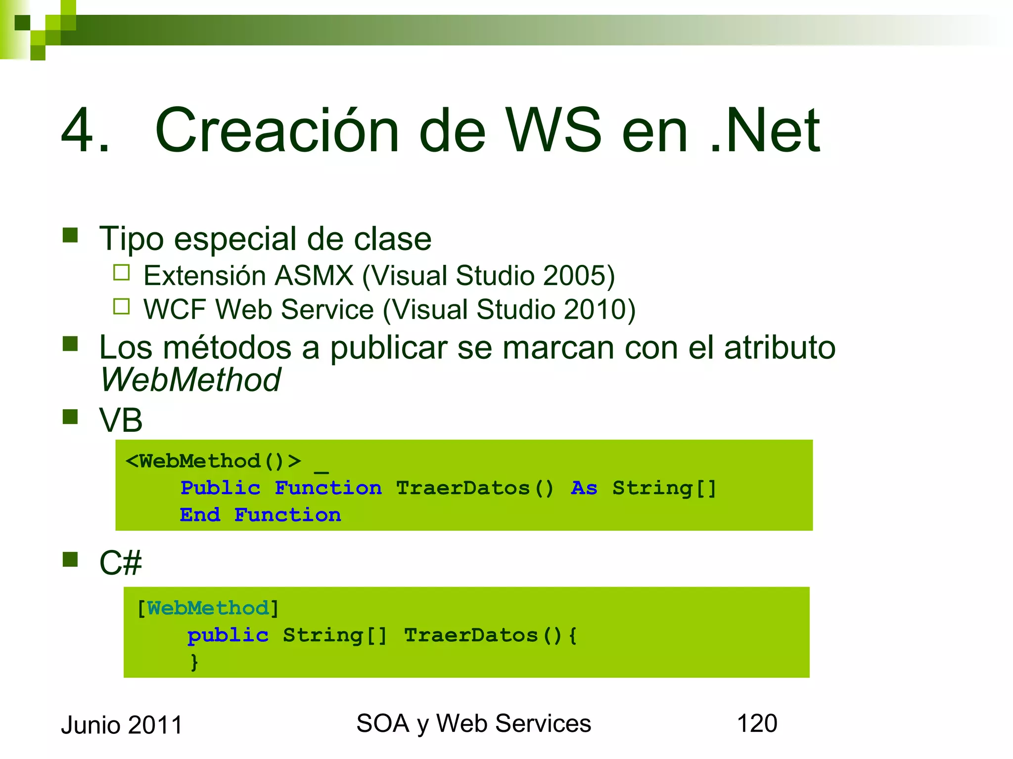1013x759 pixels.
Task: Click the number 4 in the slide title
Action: coord(79,131)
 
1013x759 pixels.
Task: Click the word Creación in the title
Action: coord(277,131)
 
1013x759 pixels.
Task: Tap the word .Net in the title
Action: coord(764,131)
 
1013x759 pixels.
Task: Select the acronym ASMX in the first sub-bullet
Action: coord(314,276)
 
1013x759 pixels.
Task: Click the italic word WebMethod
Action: coord(190,380)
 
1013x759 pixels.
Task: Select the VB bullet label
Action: coord(121,421)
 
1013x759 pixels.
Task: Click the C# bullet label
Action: coord(120,563)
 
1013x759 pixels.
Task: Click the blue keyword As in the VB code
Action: coord(584,488)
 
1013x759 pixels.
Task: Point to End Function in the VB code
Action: coord(260,515)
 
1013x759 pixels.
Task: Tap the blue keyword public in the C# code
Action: coord(228,635)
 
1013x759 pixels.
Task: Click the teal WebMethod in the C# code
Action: coord(208,608)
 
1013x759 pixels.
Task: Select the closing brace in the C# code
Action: coord(194,662)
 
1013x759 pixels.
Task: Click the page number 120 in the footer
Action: coord(757,723)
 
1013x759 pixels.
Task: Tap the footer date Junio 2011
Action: coord(122,725)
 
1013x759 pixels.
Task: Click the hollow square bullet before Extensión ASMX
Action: coord(121,273)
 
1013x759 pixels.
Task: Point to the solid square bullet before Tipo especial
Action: coord(70,235)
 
